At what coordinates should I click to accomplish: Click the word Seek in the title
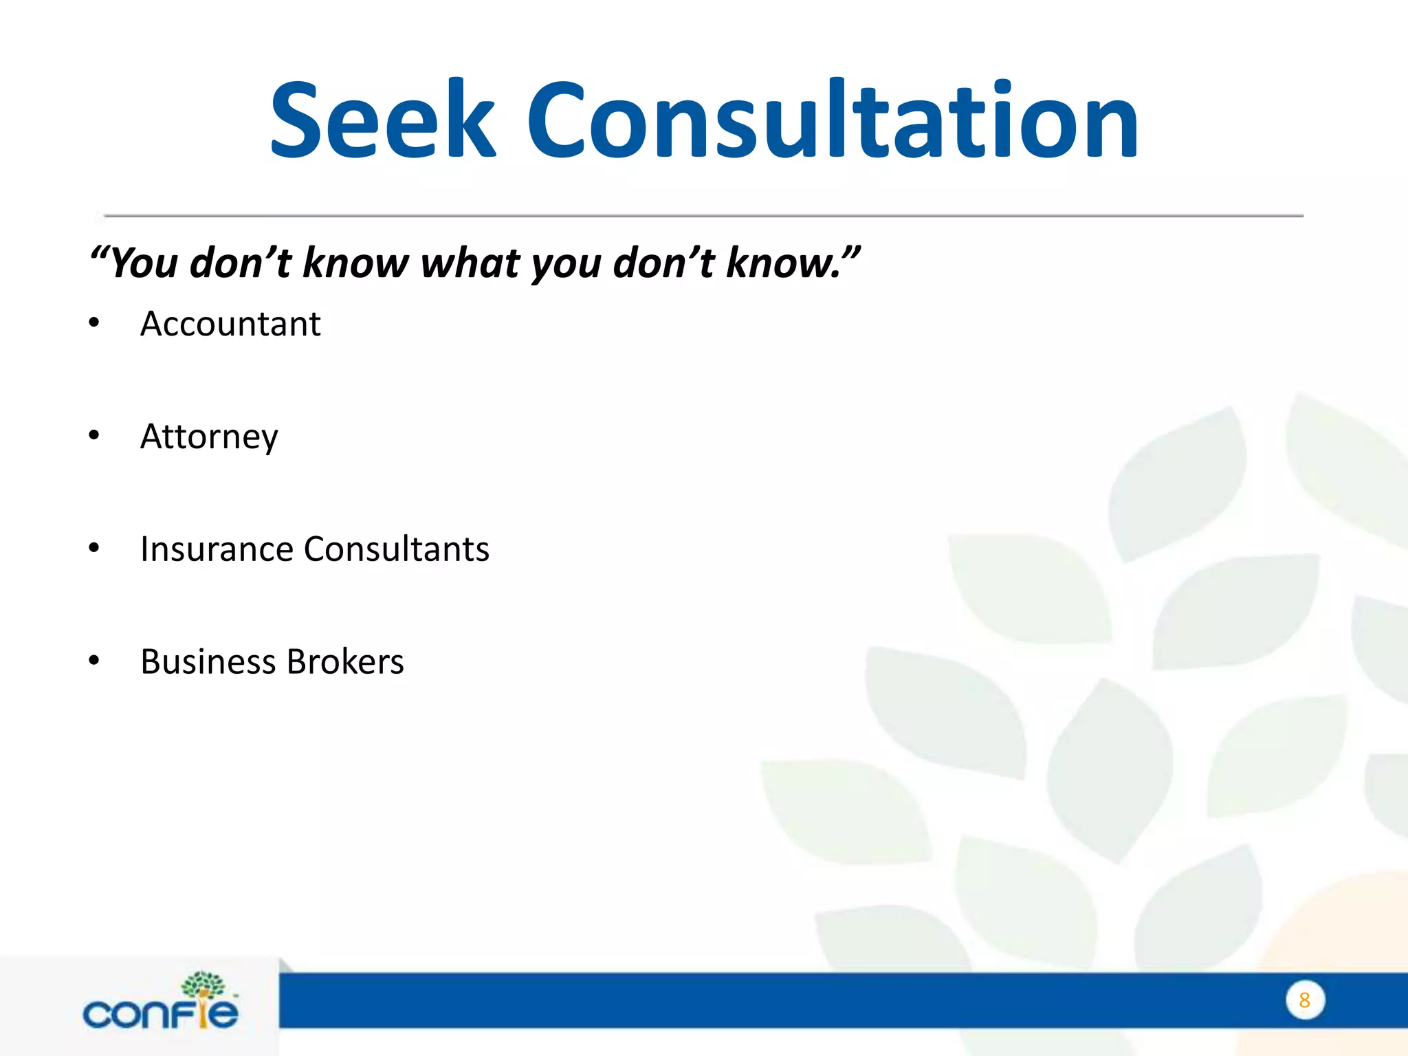tap(382, 120)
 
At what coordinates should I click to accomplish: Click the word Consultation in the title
tap(833, 120)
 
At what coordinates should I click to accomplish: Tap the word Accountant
tap(230, 324)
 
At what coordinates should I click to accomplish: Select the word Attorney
tap(209, 437)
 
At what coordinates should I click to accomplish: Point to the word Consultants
tap(397, 549)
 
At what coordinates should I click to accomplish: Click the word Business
tap(208, 662)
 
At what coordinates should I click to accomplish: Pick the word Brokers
tap(345, 662)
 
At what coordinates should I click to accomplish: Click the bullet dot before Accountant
tap(94, 322)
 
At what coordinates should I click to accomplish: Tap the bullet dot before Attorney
tap(94, 435)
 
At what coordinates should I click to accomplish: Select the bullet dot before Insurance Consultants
tap(94, 548)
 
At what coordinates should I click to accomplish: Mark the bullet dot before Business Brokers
tap(94, 661)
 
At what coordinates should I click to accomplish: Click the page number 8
tap(1304, 1000)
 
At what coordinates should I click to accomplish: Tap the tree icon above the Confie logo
tap(203, 985)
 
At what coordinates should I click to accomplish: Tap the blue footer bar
tap(756, 1001)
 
